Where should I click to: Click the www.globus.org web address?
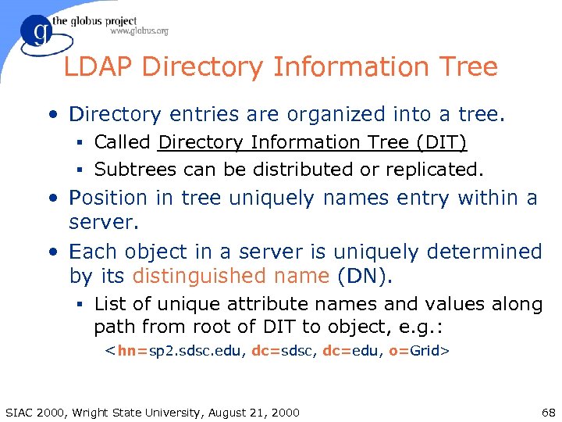pyautogui.click(x=139, y=31)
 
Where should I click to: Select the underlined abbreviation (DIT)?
pyautogui.click(x=441, y=142)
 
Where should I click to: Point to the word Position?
pyautogui.click(x=108, y=198)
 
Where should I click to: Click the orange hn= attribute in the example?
pyautogui.click(x=129, y=352)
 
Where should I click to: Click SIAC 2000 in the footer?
pyautogui.click(x=33, y=412)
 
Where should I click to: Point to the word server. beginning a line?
pyautogui.click(x=104, y=222)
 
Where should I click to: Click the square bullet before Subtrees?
pyautogui.click(x=82, y=170)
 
